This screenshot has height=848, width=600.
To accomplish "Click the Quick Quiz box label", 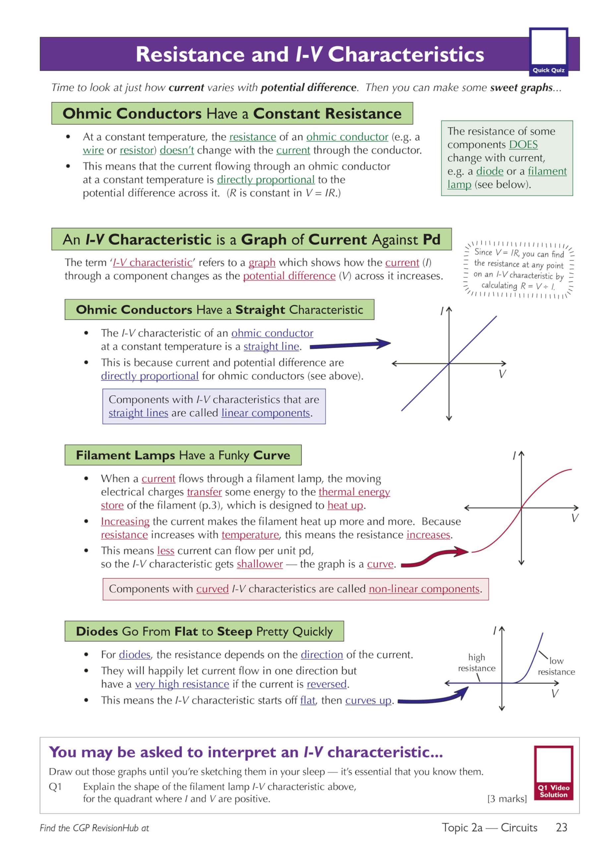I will coord(548,70).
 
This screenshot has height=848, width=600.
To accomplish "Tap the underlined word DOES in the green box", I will coord(523,144).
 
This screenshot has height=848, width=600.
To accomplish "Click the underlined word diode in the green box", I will coord(490,171).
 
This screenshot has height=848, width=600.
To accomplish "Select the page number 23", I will coord(561,827).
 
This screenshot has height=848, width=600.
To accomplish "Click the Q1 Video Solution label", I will coord(553,791).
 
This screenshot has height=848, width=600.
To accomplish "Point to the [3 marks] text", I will coord(507,799).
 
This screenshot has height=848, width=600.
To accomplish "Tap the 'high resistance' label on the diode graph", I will coord(477,662).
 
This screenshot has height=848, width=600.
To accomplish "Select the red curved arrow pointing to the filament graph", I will coord(434,558).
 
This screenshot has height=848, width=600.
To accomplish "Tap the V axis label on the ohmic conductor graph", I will coord(502,374).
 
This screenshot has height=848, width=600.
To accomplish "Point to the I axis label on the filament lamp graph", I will coord(514,456).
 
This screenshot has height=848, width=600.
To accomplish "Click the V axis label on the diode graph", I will coord(555,694).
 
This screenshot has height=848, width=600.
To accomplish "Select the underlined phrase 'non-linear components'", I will coord(424,589).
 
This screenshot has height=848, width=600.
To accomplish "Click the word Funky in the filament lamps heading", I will coord(233,455).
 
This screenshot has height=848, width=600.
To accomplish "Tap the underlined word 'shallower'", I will coord(260,564).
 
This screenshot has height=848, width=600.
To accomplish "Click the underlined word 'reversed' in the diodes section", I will coord(327,684).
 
